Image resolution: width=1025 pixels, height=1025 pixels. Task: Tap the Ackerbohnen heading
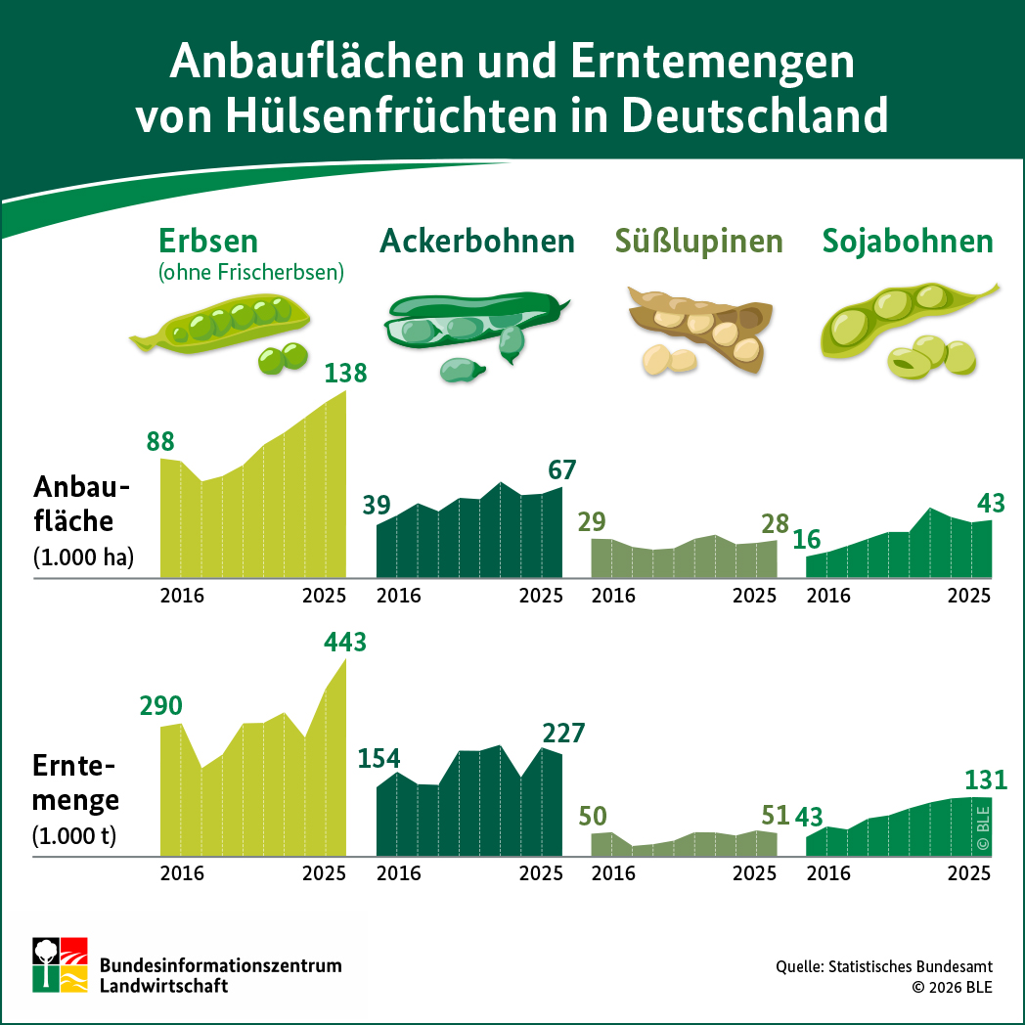point(477,241)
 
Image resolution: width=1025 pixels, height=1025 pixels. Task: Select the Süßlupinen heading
point(699,241)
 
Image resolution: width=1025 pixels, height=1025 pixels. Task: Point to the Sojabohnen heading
point(908,241)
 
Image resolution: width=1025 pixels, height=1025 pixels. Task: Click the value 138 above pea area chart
point(345,373)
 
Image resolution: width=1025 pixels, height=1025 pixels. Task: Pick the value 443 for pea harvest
point(345,643)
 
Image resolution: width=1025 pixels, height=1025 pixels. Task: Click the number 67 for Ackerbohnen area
point(561,469)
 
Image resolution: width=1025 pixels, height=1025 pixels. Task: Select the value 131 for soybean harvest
point(985,780)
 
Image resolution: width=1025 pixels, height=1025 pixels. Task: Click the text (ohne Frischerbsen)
point(251,273)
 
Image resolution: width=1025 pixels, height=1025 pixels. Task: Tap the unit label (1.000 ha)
point(84,558)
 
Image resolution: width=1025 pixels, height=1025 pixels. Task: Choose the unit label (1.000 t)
point(74,836)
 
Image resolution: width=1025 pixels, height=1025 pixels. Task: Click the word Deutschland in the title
point(755,115)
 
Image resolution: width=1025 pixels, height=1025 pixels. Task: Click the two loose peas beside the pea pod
point(283,359)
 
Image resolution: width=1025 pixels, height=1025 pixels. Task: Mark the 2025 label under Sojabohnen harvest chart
point(970,873)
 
